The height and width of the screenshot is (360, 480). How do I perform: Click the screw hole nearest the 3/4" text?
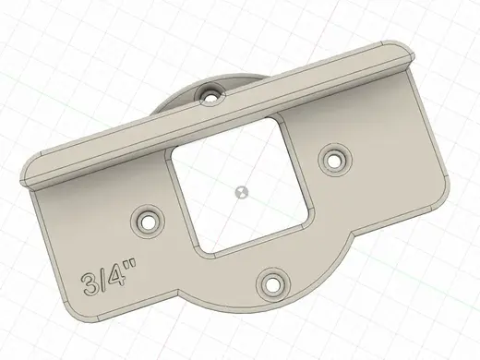(148, 221)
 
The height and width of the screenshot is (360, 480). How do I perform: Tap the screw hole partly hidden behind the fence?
(211, 93)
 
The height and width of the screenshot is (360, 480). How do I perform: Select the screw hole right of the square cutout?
(335, 159)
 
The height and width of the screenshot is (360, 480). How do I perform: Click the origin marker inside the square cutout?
(241, 193)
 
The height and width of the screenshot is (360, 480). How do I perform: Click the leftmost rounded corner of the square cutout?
(168, 155)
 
